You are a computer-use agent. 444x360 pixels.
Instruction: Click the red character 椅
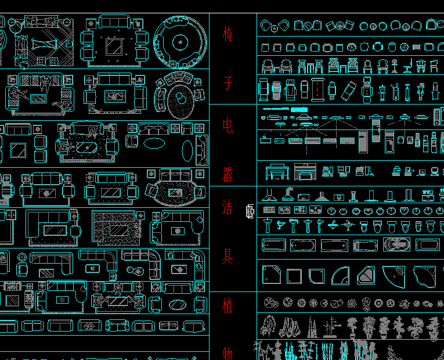228,34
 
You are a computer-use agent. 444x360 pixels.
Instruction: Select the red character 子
228,85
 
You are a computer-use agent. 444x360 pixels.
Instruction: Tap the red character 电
228,125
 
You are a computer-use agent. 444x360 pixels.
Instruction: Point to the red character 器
228,174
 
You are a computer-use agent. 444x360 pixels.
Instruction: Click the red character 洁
228,206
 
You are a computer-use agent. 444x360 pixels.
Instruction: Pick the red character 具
228,255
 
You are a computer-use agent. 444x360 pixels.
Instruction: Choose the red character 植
228,304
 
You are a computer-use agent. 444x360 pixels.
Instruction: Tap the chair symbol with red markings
317,89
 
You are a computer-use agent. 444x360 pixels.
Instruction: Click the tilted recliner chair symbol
348,90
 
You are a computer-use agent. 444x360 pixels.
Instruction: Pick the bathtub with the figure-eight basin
397,245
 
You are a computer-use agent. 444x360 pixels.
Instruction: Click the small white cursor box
250,212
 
